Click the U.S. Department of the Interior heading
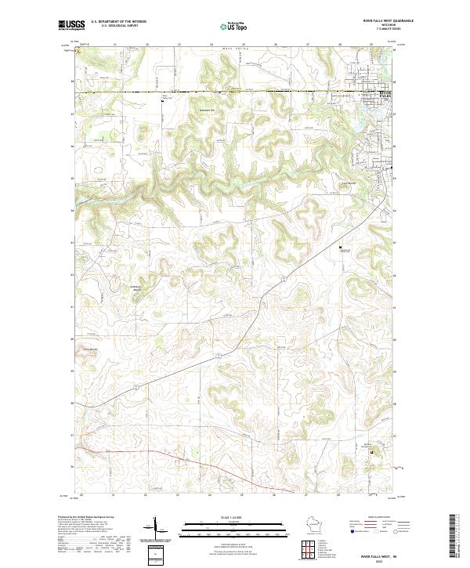click(x=119, y=23)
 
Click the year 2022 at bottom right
click(x=379, y=560)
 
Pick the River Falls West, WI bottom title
click(x=379, y=555)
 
